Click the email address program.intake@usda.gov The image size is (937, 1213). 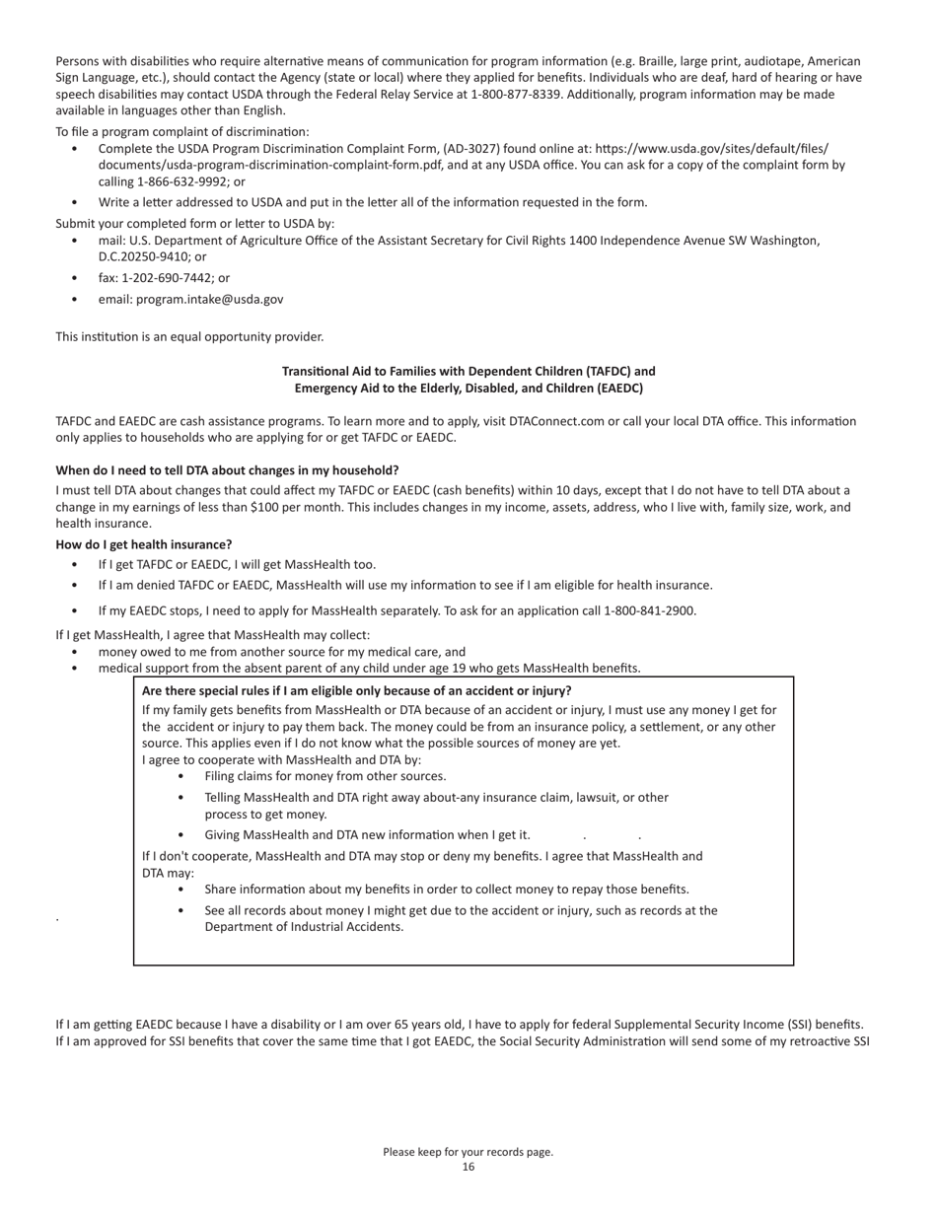pos(209,299)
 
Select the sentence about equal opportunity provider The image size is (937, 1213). pos(189,337)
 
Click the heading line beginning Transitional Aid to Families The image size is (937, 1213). pos(468,372)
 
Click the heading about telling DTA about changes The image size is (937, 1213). pos(227,470)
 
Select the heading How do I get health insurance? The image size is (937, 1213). pos(144,544)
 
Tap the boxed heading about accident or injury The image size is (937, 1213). pos(356,691)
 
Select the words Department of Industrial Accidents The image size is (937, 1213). pos(304,927)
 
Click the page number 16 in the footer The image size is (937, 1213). pos(468,1167)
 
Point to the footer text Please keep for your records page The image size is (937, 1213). pos(468,1152)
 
